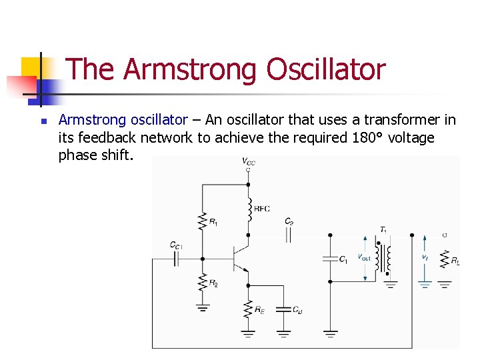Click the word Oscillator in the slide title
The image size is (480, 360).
[326, 69]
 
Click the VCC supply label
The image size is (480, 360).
[247, 161]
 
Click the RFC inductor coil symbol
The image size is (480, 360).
[248, 207]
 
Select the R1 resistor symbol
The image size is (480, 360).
[203, 221]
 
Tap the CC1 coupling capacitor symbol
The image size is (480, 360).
[176, 259]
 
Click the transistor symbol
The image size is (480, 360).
[239, 259]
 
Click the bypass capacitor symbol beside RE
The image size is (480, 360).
[283, 309]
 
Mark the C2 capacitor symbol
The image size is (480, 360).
[289, 235]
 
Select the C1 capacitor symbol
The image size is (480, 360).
[330, 259]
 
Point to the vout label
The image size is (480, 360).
[365, 257]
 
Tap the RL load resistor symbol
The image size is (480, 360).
[445, 258]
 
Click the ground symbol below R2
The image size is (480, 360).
[203, 308]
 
